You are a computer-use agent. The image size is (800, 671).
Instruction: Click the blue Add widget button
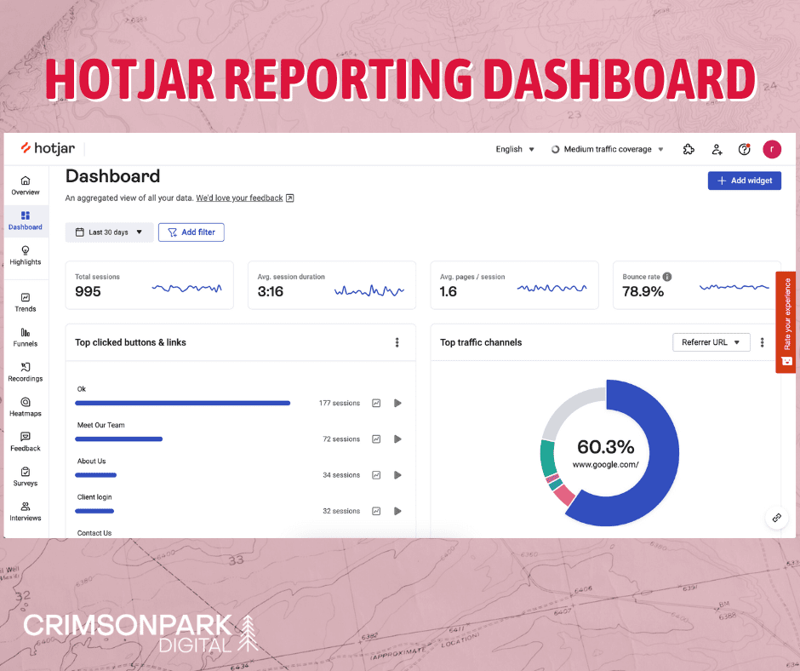click(744, 181)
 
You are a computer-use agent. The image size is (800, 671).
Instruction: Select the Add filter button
click(191, 232)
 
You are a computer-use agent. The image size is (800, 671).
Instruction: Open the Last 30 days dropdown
click(109, 232)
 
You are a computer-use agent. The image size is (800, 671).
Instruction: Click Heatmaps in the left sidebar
click(26, 406)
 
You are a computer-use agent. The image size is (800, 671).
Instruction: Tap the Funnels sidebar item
click(26, 336)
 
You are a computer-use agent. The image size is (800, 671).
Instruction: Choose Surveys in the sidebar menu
click(26, 476)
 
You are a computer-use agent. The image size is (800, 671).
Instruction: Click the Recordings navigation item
click(26, 371)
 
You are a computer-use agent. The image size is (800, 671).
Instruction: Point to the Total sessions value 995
click(88, 292)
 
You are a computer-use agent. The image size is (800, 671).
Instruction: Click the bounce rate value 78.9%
click(643, 292)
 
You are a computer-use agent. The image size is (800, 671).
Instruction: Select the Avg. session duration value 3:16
click(271, 292)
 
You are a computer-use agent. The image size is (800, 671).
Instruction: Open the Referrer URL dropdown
click(711, 342)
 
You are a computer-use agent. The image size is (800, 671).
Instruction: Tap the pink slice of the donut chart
click(564, 496)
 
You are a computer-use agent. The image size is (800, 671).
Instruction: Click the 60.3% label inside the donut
click(605, 447)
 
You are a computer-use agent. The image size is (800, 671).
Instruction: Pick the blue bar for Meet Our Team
click(118, 439)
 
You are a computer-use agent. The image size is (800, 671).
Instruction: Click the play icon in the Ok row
click(397, 403)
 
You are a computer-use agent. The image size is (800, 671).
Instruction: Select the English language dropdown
click(515, 149)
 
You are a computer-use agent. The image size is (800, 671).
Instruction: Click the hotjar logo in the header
click(49, 148)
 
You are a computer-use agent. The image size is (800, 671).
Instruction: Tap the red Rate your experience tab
click(786, 322)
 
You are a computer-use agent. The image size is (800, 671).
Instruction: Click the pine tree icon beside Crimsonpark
click(248, 633)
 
